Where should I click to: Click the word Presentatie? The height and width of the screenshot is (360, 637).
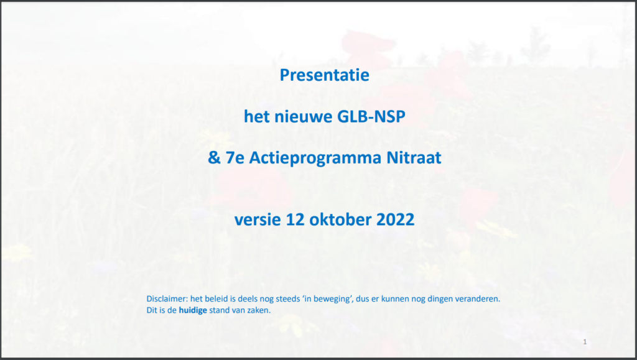click(324, 75)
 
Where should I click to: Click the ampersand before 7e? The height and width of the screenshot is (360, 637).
click(214, 157)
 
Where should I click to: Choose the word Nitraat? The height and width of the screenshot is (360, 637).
click(414, 157)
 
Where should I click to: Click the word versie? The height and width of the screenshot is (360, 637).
click(258, 219)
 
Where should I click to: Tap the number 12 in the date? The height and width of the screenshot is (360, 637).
click(295, 219)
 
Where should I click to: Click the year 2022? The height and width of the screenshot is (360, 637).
click(395, 219)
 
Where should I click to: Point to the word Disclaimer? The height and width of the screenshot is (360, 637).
click(167, 298)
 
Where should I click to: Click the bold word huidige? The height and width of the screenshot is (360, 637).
click(193, 310)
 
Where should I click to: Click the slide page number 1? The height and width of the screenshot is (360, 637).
click(585, 342)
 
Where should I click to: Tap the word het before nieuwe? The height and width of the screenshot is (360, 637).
click(256, 116)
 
